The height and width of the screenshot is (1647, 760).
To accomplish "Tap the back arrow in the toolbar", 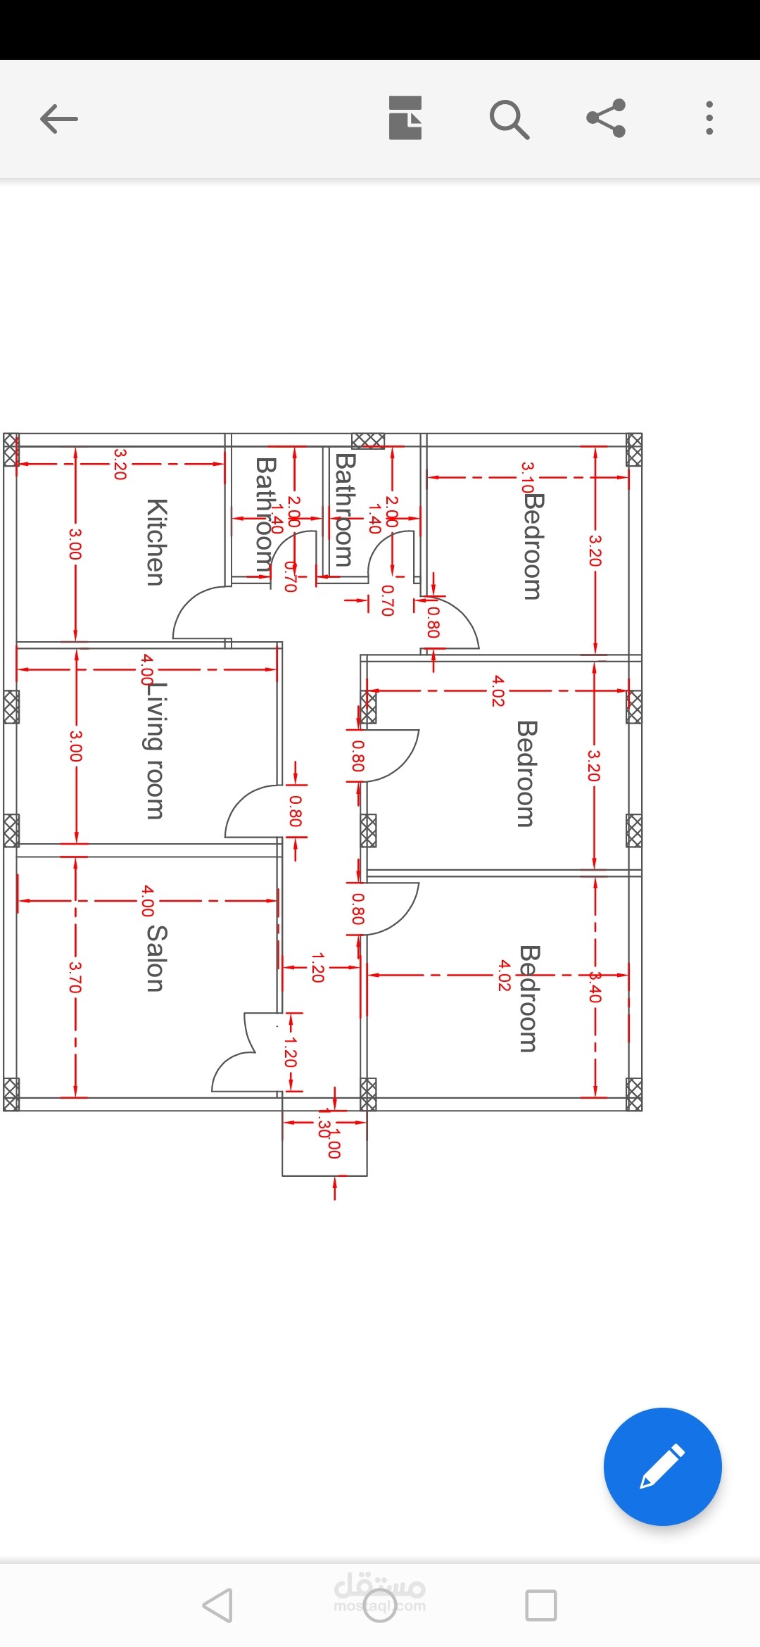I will (x=59, y=118).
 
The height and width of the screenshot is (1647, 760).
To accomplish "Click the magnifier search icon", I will (x=509, y=118).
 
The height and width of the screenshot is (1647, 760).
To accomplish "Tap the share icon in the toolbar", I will (x=606, y=118).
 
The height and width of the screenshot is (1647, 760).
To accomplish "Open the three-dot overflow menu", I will (x=709, y=118).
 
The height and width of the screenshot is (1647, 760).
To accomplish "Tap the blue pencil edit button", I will (x=662, y=1466).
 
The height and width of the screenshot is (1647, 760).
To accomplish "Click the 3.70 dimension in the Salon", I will (x=75, y=977).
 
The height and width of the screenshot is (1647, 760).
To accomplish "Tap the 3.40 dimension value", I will (x=595, y=987).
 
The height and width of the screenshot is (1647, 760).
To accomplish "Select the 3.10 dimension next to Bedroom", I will (x=527, y=477).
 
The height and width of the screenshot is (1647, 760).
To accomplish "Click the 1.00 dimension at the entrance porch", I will (x=335, y=1144).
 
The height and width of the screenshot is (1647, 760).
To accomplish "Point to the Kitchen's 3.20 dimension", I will (x=120, y=465).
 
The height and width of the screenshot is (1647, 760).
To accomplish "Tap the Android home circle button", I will (x=380, y=1605).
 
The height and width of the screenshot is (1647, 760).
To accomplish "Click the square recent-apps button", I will (x=540, y=1605).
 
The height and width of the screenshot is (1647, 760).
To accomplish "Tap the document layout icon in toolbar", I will (x=405, y=118).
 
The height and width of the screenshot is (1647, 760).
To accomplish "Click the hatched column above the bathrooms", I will (x=368, y=441).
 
